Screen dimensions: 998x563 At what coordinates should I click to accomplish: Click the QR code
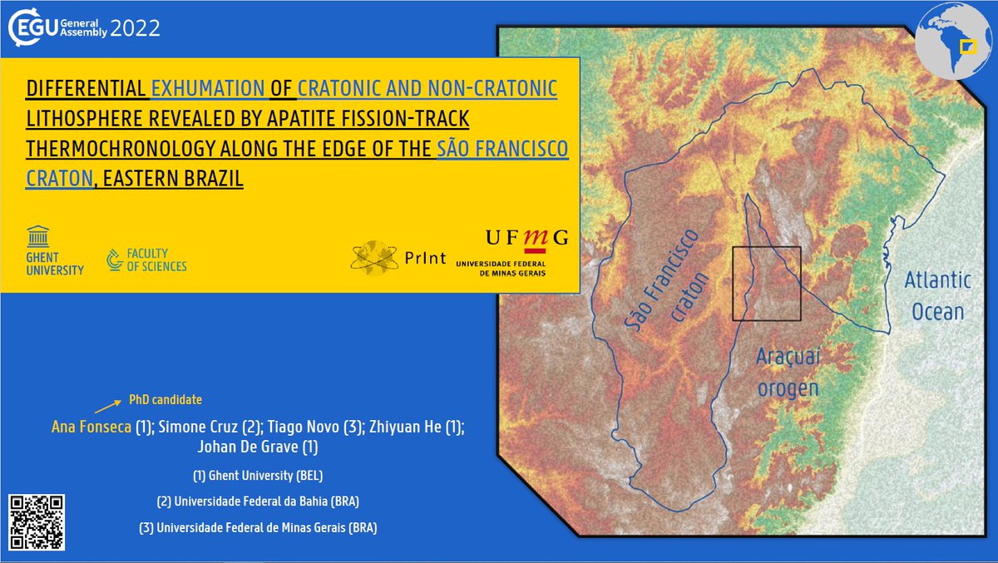pyautogui.click(x=37, y=522)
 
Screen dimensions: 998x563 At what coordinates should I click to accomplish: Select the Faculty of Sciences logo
pyautogui.click(x=146, y=259)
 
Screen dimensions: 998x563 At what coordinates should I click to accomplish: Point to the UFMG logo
pyautogui.click(x=512, y=252)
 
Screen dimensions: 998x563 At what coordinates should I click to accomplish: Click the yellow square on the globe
pyautogui.click(x=966, y=46)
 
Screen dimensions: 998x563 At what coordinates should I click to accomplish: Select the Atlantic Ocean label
pyautogui.click(x=937, y=296)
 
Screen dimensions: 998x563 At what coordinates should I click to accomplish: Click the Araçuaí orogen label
pyautogui.click(x=788, y=372)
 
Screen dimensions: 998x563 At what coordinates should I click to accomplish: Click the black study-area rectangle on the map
pyautogui.click(x=766, y=284)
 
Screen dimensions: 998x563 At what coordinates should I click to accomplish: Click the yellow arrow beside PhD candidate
pyautogui.click(x=106, y=407)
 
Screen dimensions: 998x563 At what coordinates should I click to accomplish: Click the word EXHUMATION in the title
pyautogui.click(x=208, y=88)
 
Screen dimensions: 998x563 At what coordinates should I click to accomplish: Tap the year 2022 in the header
pyautogui.click(x=136, y=29)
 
